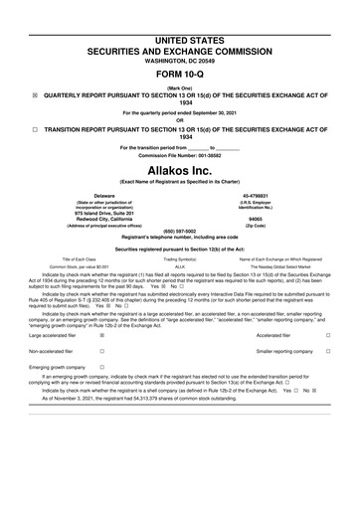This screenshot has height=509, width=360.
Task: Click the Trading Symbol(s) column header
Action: [180, 258]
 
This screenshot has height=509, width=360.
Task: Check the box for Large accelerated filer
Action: [102, 337]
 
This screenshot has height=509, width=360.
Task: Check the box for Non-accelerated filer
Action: [102, 352]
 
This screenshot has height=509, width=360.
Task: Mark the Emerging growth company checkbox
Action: [102, 367]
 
